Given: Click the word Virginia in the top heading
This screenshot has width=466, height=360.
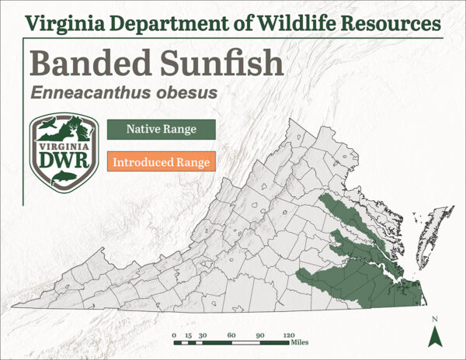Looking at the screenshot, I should pos(65,20).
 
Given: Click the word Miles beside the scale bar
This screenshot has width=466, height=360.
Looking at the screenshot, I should pos(301,341).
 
